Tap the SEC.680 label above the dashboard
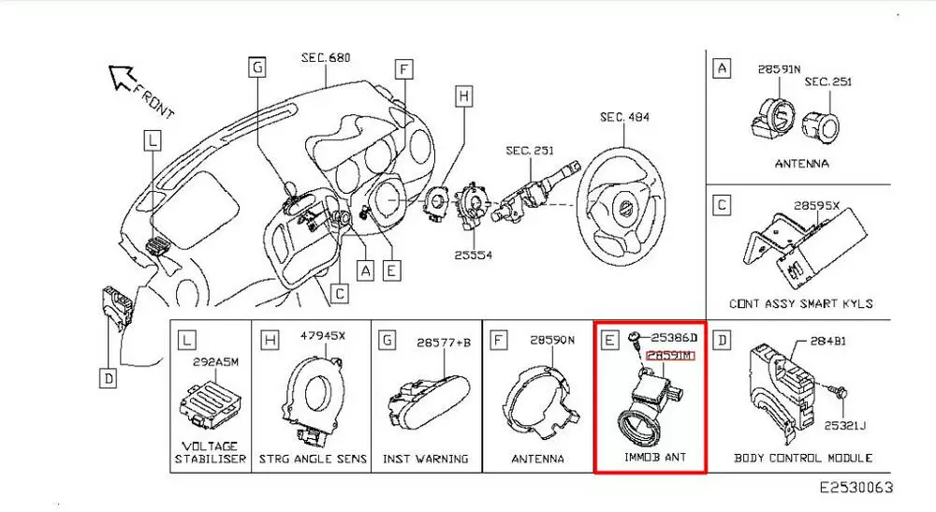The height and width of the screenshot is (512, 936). click(325, 58)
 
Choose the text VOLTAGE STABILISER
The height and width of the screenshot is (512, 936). click(211, 452)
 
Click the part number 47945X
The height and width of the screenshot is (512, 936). click(323, 335)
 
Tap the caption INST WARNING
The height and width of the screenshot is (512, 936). click(425, 459)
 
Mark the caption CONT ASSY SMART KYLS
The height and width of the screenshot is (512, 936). click(800, 303)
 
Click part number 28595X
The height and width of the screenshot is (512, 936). click(817, 205)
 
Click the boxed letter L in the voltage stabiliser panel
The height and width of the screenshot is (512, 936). click(188, 340)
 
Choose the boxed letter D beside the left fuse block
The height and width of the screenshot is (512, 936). click(110, 378)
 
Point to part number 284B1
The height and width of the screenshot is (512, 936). click(826, 341)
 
